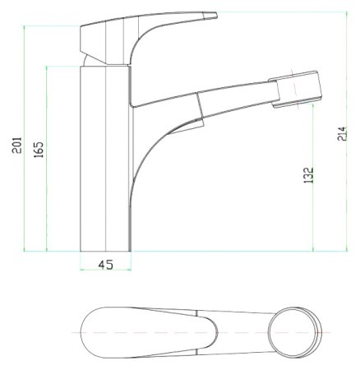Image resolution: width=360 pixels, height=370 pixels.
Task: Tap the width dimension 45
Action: [x=106, y=265]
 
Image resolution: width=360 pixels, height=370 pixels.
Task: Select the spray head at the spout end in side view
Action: [x=297, y=89]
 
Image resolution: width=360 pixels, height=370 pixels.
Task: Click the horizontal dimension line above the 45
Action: [x=106, y=271]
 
